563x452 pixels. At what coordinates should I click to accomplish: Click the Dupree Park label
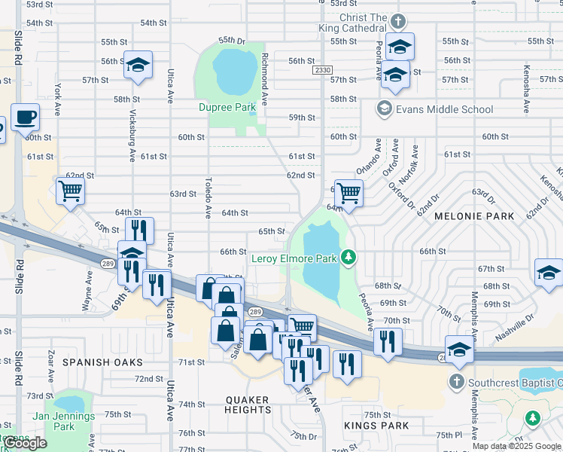click(x=227, y=108)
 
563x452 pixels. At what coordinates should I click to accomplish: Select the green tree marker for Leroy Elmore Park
click(x=348, y=258)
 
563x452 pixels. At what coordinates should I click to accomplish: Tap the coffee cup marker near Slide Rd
click(x=25, y=118)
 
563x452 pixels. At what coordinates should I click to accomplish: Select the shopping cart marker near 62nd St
click(x=70, y=191)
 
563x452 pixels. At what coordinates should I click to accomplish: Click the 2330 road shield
click(x=322, y=70)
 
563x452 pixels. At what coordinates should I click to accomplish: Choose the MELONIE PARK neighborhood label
click(x=474, y=216)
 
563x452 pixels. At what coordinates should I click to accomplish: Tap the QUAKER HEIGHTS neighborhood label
click(x=248, y=405)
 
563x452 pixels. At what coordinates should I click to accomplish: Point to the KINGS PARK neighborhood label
click(x=376, y=426)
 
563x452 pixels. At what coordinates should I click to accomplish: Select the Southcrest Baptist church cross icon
click(x=456, y=382)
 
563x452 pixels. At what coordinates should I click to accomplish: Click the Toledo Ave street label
click(x=208, y=198)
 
